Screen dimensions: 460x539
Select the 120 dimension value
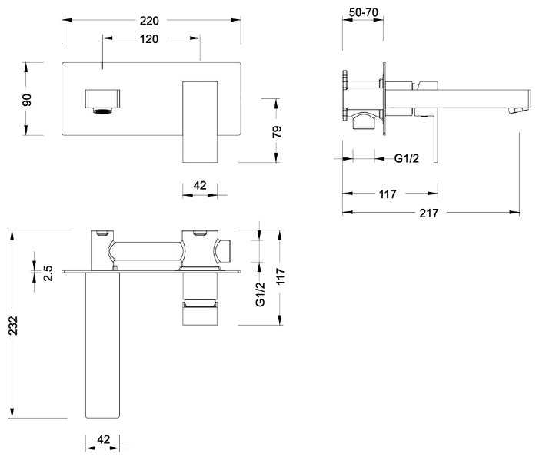(150, 38)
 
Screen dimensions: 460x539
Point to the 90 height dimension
(27, 99)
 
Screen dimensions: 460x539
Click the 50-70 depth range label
(362, 12)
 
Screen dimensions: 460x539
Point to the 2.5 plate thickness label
(48, 272)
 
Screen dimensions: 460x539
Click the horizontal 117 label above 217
(388, 194)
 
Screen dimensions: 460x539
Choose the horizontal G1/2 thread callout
(407, 159)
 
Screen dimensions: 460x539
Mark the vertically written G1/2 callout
(260, 294)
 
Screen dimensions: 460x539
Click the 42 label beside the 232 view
(104, 439)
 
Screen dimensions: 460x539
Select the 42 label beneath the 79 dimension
(200, 185)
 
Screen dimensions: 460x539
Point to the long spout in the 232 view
(103, 346)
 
